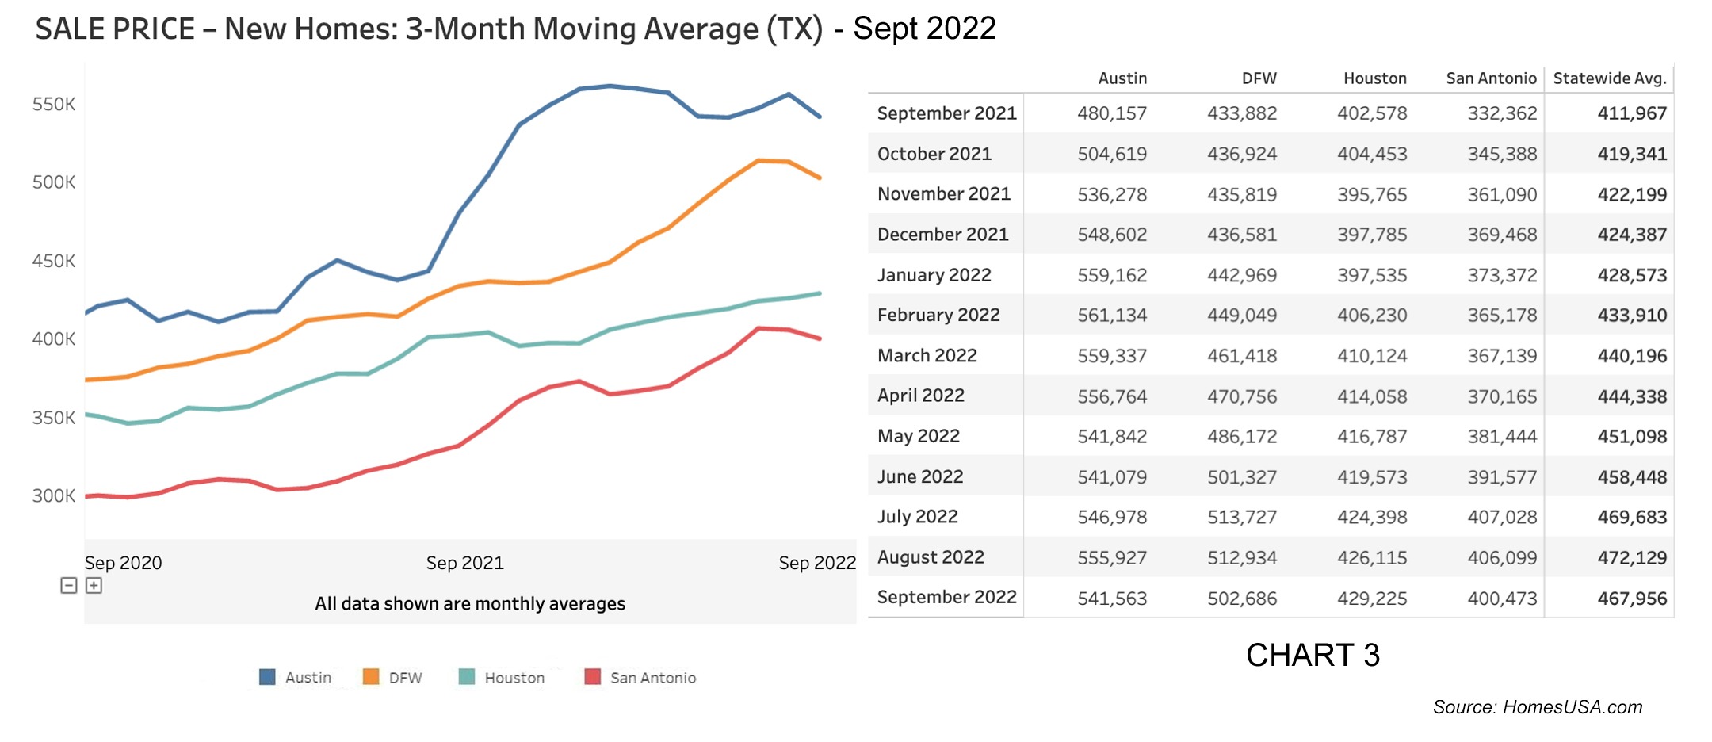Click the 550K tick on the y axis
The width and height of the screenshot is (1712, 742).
click(54, 104)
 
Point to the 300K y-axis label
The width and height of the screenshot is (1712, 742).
click(54, 495)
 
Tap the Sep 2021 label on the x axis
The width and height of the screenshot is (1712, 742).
click(464, 563)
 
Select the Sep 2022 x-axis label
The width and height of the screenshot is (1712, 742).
click(816, 563)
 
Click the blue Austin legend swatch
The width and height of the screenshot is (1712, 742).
click(267, 677)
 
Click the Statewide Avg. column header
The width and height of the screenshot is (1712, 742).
click(1609, 78)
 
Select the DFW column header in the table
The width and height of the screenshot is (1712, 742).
click(1259, 78)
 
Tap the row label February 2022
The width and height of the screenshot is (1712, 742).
click(938, 315)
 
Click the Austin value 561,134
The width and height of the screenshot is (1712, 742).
click(1111, 316)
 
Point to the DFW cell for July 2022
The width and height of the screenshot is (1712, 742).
click(1241, 517)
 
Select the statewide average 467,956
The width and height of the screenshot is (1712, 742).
click(1631, 599)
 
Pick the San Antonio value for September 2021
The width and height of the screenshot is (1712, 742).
click(1501, 113)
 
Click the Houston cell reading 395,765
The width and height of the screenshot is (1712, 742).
click(1371, 194)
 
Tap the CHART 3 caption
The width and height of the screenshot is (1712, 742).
click(1312, 655)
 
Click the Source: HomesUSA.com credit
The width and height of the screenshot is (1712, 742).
click(1537, 707)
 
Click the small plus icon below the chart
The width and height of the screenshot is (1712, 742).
click(94, 585)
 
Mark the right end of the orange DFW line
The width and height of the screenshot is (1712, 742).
click(820, 178)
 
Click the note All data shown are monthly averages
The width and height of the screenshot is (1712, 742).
click(470, 603)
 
